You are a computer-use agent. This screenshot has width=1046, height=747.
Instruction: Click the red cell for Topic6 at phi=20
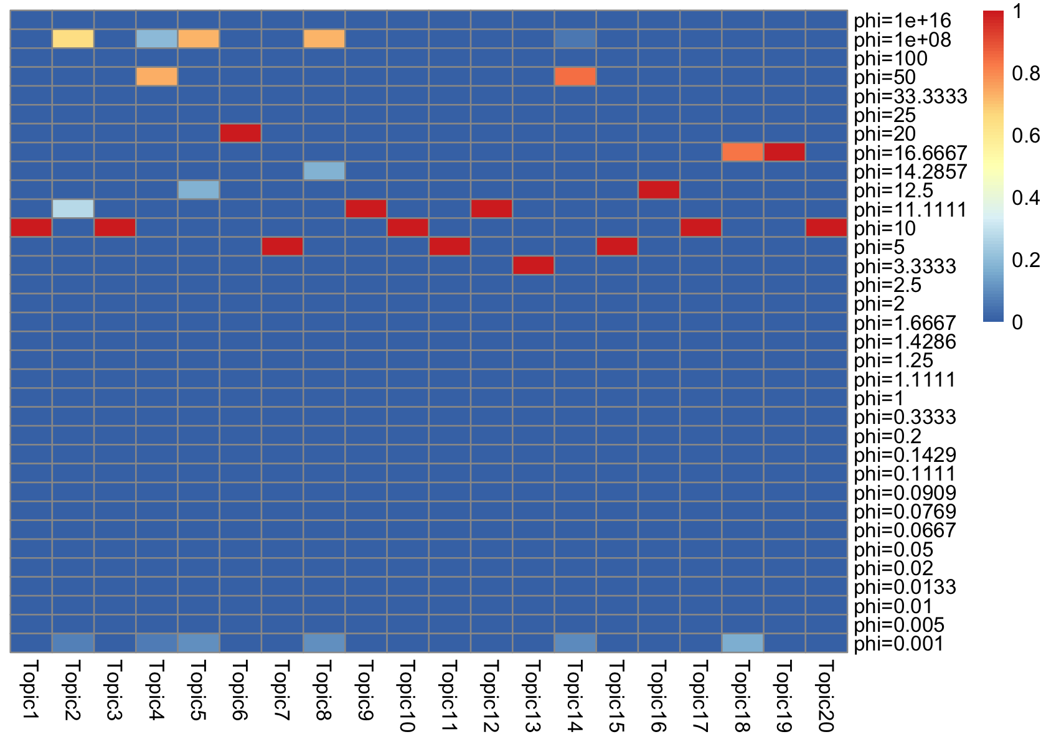coord(240,133)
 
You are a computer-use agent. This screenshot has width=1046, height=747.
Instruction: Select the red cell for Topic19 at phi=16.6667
coord(784,152)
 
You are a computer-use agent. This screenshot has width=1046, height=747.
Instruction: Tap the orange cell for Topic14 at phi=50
coord(575,77)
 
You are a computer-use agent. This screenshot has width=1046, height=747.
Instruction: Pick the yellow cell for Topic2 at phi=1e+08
coord(73,39)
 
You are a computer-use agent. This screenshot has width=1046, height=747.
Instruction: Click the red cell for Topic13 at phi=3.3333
coord(534,265)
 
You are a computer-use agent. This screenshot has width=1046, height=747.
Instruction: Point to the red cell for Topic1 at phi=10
coord(31,228)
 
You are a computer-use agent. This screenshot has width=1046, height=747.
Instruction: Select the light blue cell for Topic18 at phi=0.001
coord(743,643)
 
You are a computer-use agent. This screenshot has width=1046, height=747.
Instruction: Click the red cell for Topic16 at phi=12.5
coord(659,190)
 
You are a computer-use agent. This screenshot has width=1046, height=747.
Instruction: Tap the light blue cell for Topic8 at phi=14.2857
coord(324,171)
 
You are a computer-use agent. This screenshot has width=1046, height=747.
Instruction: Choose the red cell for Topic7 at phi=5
coord(282,247)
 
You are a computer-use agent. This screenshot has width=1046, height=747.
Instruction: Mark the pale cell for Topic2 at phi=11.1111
coord(73,209)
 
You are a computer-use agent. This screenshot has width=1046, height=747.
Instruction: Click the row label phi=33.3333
coord(910,96)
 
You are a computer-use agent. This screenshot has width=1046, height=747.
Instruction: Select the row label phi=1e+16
coord(902,21)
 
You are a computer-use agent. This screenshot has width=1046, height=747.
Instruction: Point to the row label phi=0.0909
coord(905,493)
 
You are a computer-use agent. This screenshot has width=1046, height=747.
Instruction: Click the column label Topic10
coord(407,696)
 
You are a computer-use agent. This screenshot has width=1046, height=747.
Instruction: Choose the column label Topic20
coord(826,696)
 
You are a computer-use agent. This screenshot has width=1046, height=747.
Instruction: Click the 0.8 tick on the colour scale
coord(1025,73)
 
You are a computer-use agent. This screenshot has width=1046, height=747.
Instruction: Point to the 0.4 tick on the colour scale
coord(1025,198)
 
